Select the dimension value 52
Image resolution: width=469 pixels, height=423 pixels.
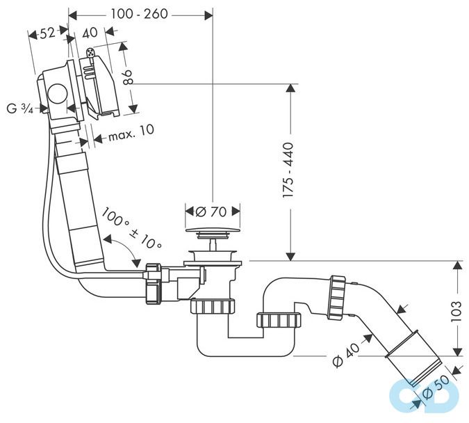click(47, 34)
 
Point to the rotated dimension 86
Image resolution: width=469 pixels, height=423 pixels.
click(127, 77)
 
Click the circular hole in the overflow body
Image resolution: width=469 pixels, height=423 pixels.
click(56, 95)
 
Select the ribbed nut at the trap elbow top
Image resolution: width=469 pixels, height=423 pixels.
click(337, 296)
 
